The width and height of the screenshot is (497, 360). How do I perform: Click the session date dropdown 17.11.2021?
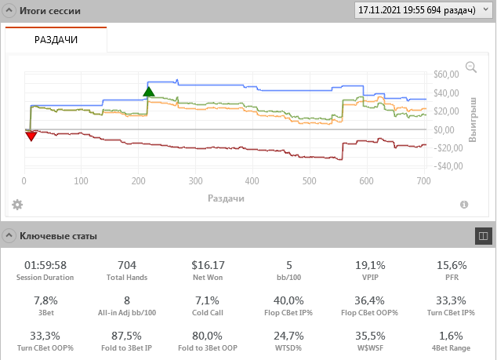[x=421, y=11]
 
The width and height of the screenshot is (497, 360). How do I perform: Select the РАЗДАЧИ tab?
[x=56, y=39]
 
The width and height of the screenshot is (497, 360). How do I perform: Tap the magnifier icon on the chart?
[x=471, y=67]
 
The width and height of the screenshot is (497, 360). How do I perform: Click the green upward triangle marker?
[x=149, y=91]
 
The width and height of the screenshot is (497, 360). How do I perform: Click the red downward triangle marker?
[x=31, y=136]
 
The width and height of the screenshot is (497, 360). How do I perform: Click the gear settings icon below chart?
[x=17, y=205]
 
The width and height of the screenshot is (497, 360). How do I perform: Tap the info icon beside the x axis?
[x=464, y=205]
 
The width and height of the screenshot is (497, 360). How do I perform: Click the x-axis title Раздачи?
[x=226, y=198]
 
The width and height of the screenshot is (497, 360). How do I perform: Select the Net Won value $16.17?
[x=208, y=265]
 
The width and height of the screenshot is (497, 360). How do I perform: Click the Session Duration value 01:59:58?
[x=45, y=265]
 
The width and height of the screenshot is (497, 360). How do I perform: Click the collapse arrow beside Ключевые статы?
[x=9, y=235]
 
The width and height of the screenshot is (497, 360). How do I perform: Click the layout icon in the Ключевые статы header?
[x=483, y=235]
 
